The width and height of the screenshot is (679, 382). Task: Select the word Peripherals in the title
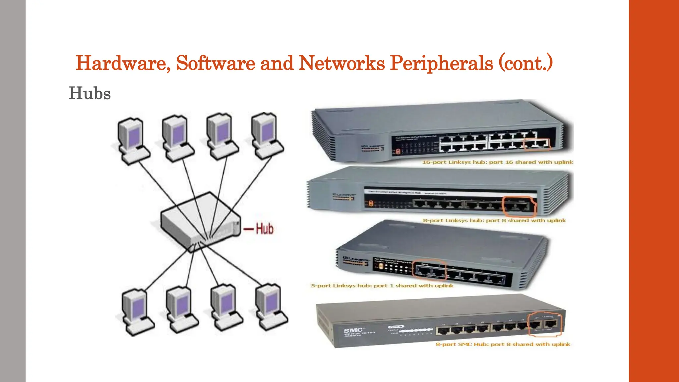point(441,63)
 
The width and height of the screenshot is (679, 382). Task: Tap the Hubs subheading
point(90,93)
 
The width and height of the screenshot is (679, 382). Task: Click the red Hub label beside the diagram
point(264,229)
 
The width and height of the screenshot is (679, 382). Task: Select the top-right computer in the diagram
point(267,136)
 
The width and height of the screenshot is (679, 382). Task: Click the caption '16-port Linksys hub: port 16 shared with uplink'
point(497,162)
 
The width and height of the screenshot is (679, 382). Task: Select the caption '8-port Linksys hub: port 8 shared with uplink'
point(494,221)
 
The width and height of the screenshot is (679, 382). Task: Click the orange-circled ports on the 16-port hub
point(537,144)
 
